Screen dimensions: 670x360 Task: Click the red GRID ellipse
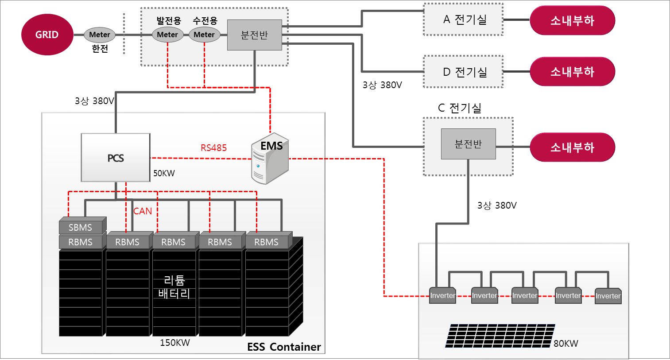click(x=47, y=35)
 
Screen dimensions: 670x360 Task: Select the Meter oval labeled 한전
click(x=100, y=35)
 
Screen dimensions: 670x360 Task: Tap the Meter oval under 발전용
click(x=167, y=35)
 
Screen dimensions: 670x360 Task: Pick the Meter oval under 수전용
click(x=204, y=35)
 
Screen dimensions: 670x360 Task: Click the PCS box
click(x=116, y=158)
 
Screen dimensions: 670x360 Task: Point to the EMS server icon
click(x=270, y=159)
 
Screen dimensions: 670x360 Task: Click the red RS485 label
click(x=213, y=148)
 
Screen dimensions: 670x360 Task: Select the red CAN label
click(x=143, y=211)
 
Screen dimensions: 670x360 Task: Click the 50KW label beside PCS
click(x=164, y=173)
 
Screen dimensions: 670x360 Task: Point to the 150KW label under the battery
click(x=174, y=342)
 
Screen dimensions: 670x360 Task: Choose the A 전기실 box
click(x=463, y=19)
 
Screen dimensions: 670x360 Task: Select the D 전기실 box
click(x=463, y=71)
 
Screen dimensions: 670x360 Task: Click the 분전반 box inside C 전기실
click(x=469, y=144)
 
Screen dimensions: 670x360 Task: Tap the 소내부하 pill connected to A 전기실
click(x=573, y=20)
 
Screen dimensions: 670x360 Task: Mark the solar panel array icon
click(x=500, y=336)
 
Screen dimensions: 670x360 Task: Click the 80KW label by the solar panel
click(x=566, y=343)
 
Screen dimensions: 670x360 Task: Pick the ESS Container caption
click(x=284, y=347)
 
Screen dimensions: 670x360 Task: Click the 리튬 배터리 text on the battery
click(x=174, y=287)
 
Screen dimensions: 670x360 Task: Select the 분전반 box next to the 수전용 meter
click(x=255, y=35)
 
